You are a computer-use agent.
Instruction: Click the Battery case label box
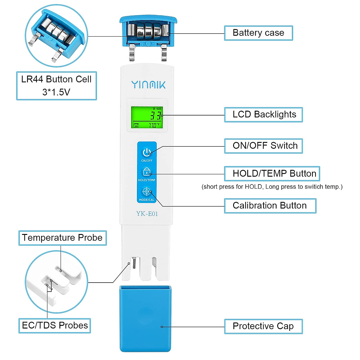click(258, 33)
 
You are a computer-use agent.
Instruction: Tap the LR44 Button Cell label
click(56, 85)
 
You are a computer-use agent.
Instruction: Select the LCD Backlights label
click(264, 115)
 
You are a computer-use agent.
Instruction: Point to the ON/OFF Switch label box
click(264, 146)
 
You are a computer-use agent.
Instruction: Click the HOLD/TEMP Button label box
click(272, 174)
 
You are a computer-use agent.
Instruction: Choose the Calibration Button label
click(270, 205)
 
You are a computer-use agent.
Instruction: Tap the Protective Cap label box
click(263, 326)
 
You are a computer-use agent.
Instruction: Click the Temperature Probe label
click(62, 238)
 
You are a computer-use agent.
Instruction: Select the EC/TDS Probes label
click(55, 325)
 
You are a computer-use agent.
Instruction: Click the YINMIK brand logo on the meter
click(148, 85)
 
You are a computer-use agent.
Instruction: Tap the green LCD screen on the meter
click(147, 117)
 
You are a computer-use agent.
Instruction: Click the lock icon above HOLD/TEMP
click(146, 172)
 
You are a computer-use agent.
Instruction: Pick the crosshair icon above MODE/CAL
click(146, 191)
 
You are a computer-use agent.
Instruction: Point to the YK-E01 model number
click(147, 214)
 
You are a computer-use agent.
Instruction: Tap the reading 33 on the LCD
click(155, 115)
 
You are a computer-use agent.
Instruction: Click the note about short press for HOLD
click(272, 187)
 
